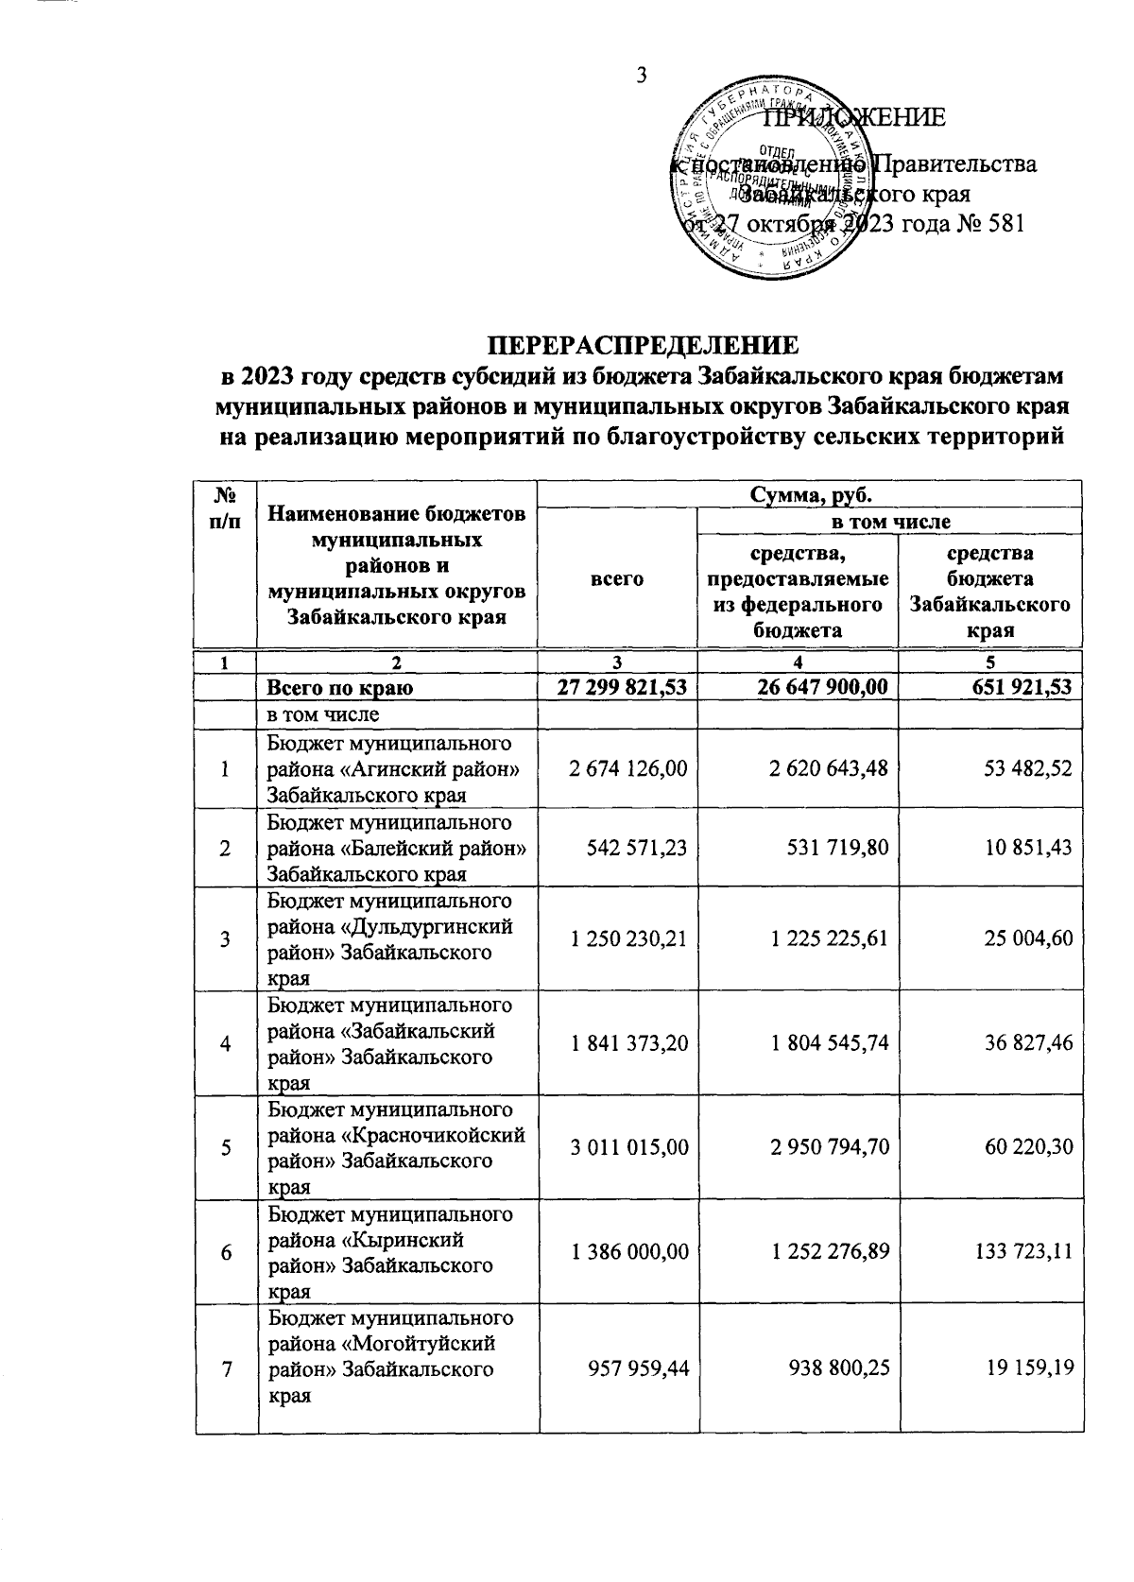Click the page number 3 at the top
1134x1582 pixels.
coord(641,75)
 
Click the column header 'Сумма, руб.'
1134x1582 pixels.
coord(810,494)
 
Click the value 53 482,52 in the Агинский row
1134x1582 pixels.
coord(1023,769)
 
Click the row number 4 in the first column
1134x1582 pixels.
coord(225,1043)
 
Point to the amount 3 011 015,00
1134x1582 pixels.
coord(628,1147)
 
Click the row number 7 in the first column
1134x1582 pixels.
coord(225,1356)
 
